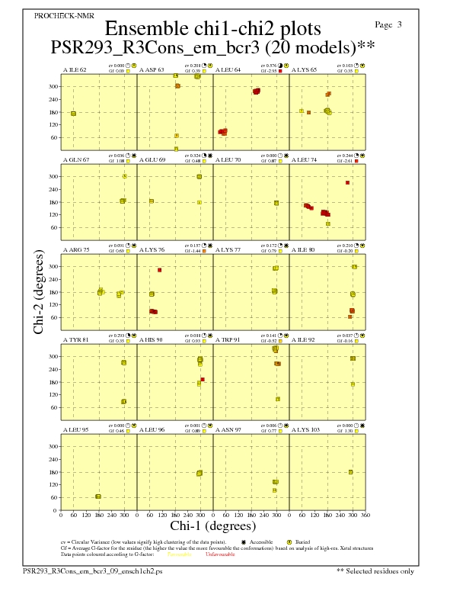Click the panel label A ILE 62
tap(74, 69)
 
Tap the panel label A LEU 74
tap(304, 159)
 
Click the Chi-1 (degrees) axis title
tap(212, 525)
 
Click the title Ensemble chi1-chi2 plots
tap(212, 29)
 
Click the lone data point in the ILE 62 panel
tap(73, 113)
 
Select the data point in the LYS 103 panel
tap(351, 472)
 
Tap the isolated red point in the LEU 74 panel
tap(347, 182)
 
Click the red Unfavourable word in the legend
tap(220, 554)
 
